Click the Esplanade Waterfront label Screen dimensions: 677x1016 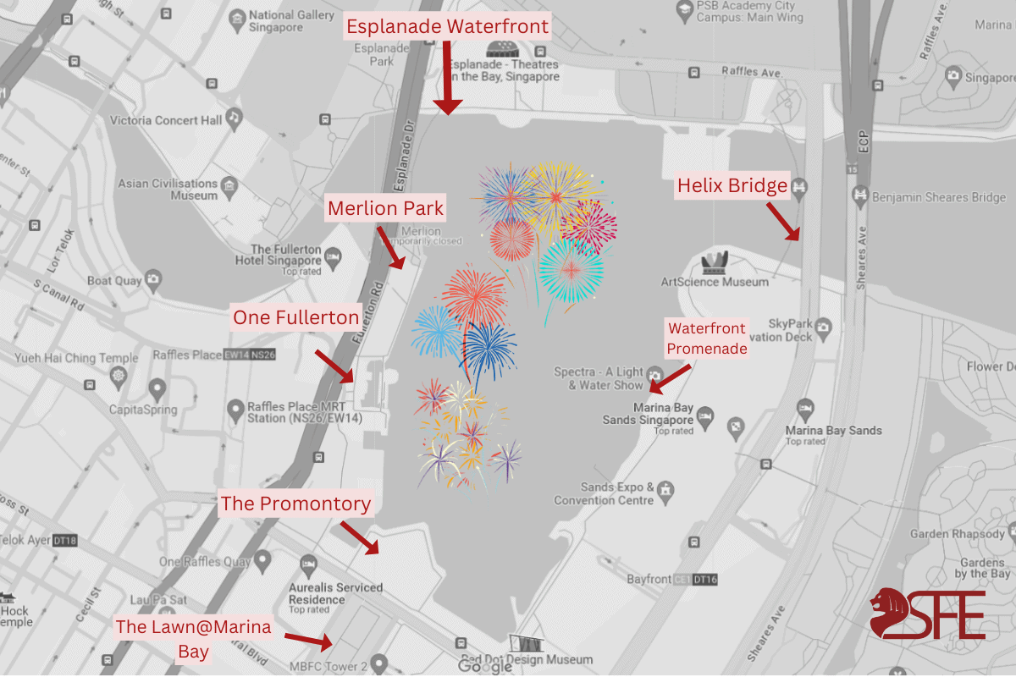pos(448,26)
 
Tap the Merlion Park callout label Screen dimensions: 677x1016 pos(385,208)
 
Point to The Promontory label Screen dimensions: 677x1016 pos(295,504)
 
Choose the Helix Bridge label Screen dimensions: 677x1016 pos(732,186)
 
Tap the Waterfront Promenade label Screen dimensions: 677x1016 pos(707,338)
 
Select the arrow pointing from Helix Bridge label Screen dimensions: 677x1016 pos(784,222)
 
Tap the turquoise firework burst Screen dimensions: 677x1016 pos(571,271)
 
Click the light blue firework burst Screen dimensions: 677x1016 pos(437,331)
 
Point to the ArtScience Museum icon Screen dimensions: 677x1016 pos(714,263)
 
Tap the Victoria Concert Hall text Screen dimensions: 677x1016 pos(166,120)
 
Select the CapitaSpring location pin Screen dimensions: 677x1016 pos(157,390)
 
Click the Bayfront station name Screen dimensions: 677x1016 pos(649,580)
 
